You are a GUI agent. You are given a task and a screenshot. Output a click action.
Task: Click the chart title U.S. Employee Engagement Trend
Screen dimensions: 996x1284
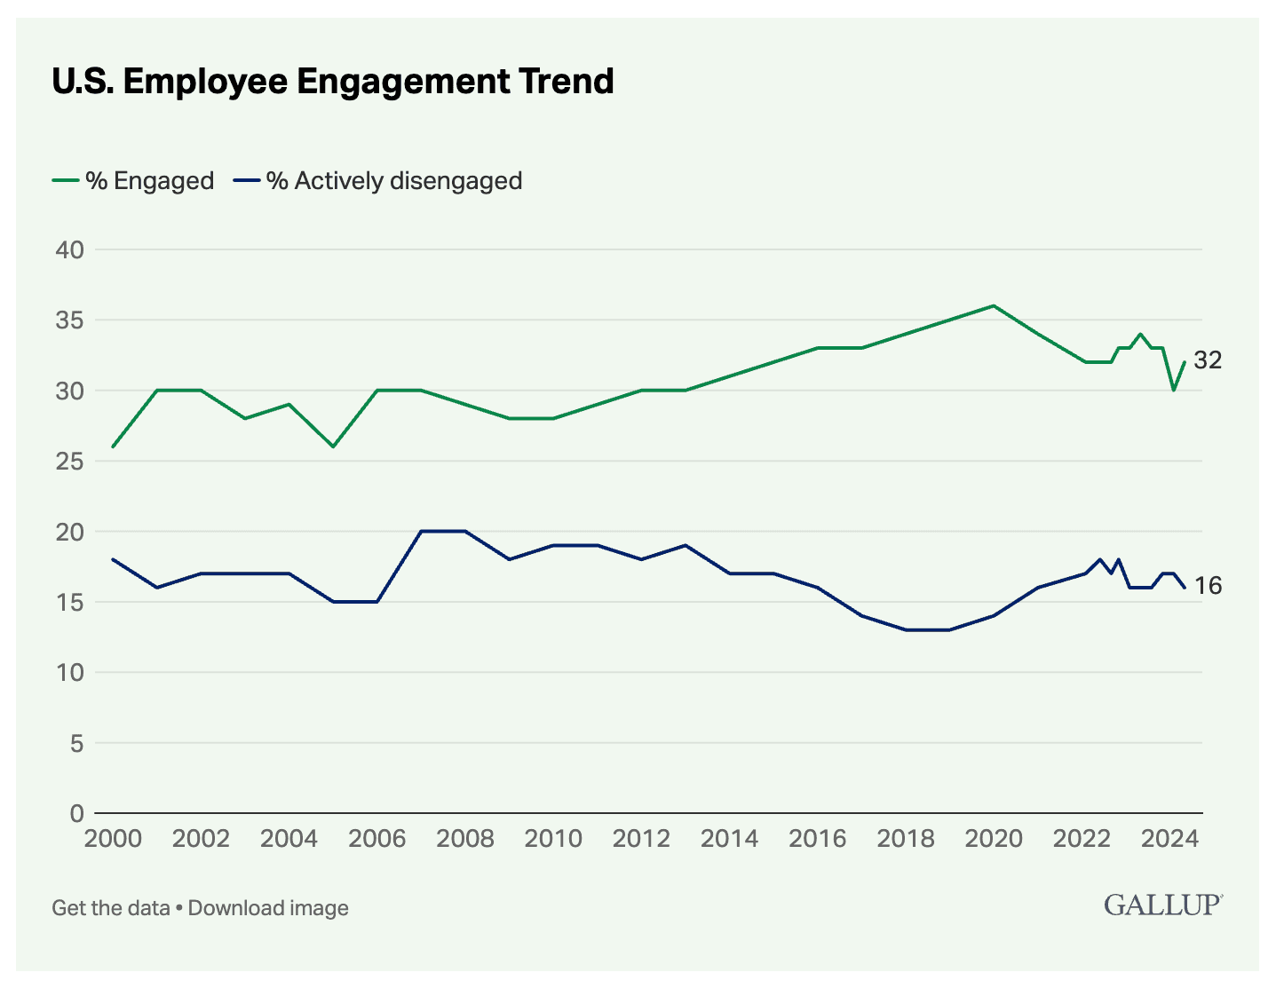332,81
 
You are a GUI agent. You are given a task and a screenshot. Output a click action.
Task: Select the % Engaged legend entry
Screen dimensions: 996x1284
133,181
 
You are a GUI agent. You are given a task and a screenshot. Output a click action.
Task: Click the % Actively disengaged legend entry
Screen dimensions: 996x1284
377,181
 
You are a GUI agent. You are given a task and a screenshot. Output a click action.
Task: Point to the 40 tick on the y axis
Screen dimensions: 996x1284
69,249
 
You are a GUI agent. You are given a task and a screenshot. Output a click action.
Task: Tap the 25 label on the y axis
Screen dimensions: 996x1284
69,461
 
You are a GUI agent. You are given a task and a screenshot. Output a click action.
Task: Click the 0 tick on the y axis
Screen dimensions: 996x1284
76,813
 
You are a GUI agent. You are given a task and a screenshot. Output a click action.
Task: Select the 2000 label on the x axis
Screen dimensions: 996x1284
113,839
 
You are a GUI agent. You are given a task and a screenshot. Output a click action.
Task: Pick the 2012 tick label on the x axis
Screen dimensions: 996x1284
641,839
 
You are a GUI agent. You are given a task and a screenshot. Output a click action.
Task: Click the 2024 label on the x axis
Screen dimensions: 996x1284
1169,839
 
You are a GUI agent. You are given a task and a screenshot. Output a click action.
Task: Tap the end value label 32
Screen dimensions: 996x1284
1208,360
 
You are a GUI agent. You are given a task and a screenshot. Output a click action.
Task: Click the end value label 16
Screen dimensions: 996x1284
1208,586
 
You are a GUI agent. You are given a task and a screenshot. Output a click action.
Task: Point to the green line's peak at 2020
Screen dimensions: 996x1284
994,305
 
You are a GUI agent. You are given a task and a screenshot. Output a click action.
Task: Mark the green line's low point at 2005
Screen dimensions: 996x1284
333,447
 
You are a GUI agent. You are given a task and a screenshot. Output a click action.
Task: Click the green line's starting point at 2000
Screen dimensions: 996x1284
113,447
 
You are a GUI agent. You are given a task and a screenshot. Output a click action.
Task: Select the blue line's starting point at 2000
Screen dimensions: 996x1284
113,559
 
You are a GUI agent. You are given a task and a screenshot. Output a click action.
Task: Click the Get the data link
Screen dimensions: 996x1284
110,908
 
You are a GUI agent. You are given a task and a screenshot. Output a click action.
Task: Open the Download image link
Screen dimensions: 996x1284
268,908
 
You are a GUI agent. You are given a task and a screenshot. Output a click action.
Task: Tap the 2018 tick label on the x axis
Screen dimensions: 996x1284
906,839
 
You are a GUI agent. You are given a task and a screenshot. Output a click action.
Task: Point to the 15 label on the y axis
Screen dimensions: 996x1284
69,602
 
